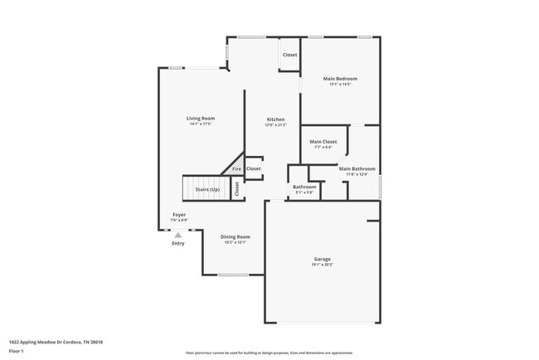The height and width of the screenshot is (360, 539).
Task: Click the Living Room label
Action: (202, 119)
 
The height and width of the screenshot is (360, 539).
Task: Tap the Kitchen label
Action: (275, 119)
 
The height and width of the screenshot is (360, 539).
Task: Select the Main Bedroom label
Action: (340, 79)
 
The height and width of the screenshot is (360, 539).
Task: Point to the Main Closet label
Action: (323, 142)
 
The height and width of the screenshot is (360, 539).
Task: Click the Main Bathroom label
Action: (357, 168)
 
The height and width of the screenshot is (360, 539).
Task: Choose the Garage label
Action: (322, 259)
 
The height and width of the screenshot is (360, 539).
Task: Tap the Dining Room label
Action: (236, 236)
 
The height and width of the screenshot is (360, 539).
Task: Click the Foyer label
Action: (179, 215)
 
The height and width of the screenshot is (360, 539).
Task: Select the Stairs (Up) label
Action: (207, 190)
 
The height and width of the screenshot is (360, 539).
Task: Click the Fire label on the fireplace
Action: (236, 169)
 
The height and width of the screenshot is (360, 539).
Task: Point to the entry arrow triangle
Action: (177, 235)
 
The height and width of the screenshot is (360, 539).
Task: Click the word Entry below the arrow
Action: (178, 243)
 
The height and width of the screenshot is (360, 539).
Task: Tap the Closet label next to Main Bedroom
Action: (289, 55)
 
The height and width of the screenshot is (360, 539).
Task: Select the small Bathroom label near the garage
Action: (304, 187)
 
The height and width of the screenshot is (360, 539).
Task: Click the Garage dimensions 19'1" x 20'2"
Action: (322, 265)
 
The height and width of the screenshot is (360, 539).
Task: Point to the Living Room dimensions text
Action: (202, 124)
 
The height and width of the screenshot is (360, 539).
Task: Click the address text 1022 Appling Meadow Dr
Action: (56, 342)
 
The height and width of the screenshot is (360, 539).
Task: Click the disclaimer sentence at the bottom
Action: (269, 352)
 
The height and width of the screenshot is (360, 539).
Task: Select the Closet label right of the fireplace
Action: (253, 168)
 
